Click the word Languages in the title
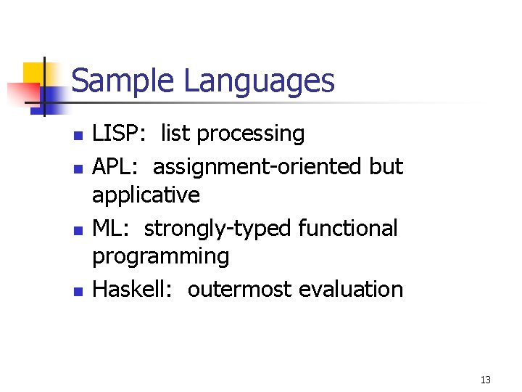tap(259, 82)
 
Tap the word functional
tap(349, 229)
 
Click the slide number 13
tap(485, 380)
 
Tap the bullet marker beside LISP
tap(78, 135)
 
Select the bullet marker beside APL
tap(78, 168)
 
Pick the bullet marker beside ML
tap(78, 230)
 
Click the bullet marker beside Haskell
tap(78, 291)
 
